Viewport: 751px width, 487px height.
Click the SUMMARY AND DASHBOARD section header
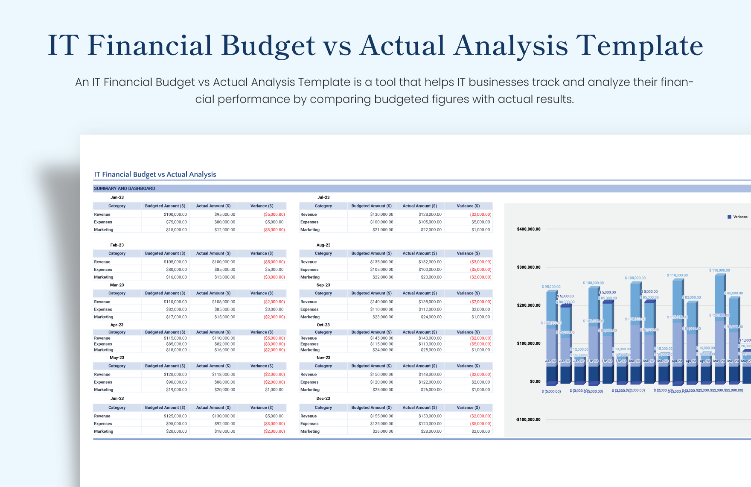[x=125, y=188]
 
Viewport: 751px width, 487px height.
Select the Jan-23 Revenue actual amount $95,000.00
[x=224, y=214]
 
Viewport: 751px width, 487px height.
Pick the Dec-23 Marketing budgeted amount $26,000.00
[x=383, y=431]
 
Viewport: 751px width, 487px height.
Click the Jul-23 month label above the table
[x=323, y=197]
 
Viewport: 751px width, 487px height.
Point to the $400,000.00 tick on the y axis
[x=528, y=229]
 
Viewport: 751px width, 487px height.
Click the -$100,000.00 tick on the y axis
[x=528, y=420]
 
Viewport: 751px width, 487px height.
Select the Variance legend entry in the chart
[x=740, y=217]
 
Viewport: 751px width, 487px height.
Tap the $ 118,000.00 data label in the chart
[x=719, y=270]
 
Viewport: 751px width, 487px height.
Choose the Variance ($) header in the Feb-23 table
[x=262, y=253]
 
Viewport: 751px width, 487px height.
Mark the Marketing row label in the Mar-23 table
[x=104, y=317]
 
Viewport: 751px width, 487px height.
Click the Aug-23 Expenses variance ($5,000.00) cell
[x=480, y=270]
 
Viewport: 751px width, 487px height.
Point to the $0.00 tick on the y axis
[x=535, y=381]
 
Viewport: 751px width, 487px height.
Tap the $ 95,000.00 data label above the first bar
[x=551, y=287]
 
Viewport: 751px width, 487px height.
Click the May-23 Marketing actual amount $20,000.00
[x=224, y=390]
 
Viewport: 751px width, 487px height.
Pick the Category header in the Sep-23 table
[x=323, y=293]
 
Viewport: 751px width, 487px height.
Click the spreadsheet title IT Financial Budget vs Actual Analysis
[x=155, y=174]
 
